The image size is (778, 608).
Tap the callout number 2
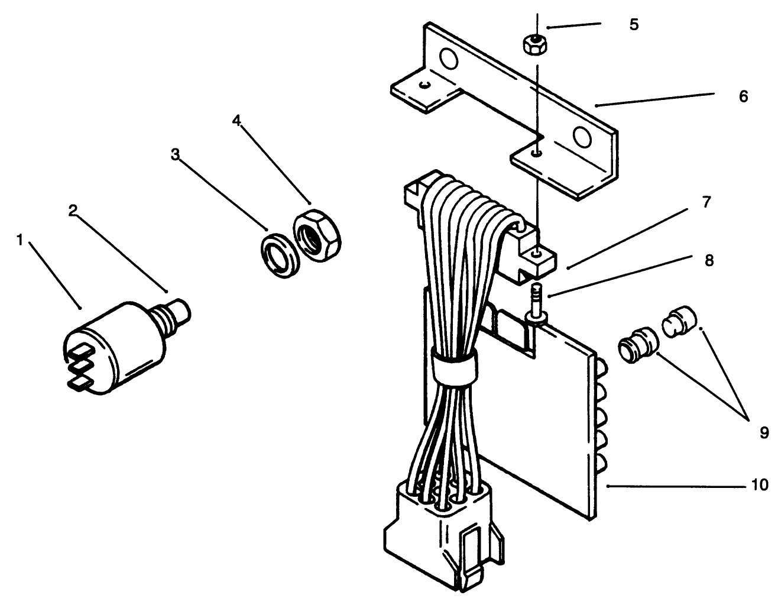tap(72, 211)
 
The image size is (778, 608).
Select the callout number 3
tap(175, 155)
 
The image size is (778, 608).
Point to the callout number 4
tap(236, 121)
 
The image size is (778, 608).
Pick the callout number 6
tap(743, 96)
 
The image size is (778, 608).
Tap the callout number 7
tap(706, 203)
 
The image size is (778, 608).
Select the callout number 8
tap(708, 260)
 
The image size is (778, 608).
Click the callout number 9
tap(764, 434)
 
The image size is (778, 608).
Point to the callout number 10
tap(760, 486)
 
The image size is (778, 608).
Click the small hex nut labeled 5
tap(535, 44)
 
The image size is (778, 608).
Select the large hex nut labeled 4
tap(318, 235)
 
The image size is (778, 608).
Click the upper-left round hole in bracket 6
tap(449, 59)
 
